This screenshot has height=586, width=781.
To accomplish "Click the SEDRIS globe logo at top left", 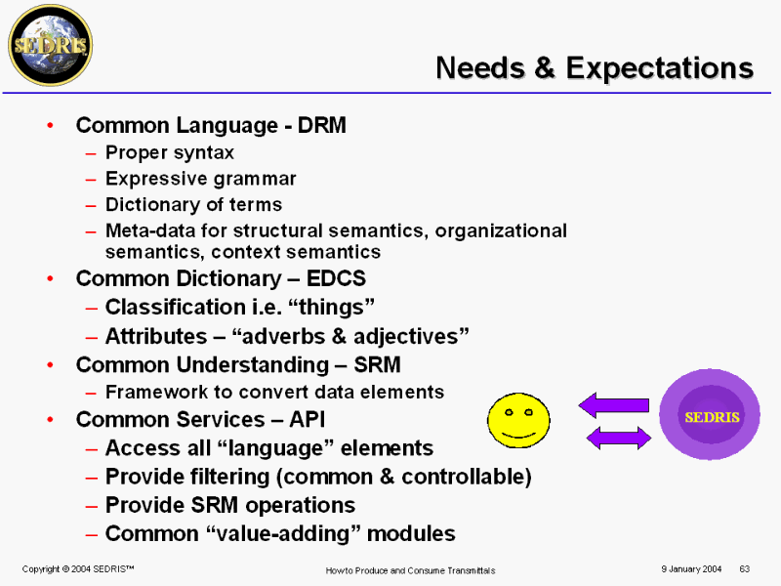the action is tap(51, 45).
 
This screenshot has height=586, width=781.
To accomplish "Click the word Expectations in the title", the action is tap(660, 67).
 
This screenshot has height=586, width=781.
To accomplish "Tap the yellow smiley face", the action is tap(518, 420).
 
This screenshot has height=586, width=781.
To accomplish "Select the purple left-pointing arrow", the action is tap(614, 404).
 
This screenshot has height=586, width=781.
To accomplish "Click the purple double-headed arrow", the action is tap(619, 438).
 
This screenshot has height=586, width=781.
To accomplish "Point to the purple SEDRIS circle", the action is tap(710, 414).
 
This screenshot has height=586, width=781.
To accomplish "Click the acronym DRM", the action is tap(322, 125).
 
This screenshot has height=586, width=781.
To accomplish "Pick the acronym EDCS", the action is tap(336, 278).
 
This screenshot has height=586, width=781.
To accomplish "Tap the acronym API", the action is tap(307, 420).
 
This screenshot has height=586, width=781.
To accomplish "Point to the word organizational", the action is tap(501, 231).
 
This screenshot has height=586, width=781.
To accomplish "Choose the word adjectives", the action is tap(411, 336).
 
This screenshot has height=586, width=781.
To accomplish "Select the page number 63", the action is tap(745, 569).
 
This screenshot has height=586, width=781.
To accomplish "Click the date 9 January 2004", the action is tap(691, 569).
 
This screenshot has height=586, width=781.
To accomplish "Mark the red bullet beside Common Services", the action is tap(51, 420).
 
